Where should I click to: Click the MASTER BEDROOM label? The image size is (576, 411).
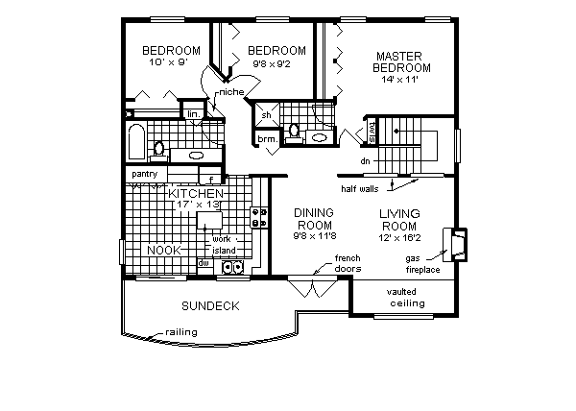pos(402,61)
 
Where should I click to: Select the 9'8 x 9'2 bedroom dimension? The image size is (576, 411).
pos(276,64)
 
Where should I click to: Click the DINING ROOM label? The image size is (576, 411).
pos(314,219)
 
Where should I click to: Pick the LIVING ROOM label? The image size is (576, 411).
pos(401,219)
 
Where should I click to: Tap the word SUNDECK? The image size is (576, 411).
pos(210,305)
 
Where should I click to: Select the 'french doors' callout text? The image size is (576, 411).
pos(347,263)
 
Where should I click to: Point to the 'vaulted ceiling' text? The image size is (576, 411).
pos(407,298)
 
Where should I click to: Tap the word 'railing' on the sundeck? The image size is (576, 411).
pos(180,331)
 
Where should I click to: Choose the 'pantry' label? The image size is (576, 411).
pos(145,173)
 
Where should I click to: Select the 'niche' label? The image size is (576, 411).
pos(230,92)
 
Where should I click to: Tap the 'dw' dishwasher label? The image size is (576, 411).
pos(204,262)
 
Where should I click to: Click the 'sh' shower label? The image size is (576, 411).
pos(265,116)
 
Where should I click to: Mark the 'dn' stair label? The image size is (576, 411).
pos(365,162)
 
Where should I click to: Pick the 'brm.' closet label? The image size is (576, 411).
pos(266,139)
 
